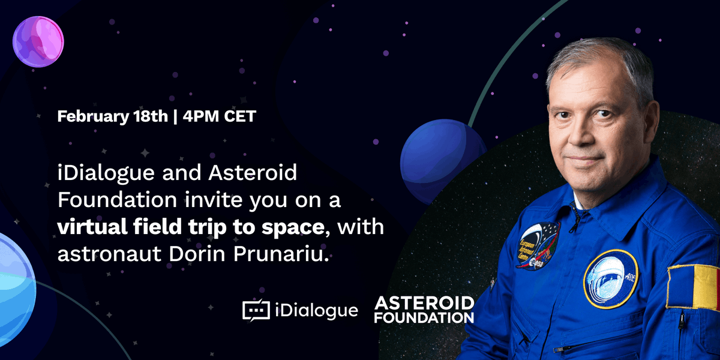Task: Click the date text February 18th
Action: pyautogui.click(x=112, y=116)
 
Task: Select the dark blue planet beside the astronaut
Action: pyautogui.click(x=443, y=155)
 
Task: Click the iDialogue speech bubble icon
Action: pyautogui.click(x=256, y=310)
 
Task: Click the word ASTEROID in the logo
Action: pyautogui.click(x=424, y=303)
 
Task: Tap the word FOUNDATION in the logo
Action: pyautogui.click(x=424, y=317)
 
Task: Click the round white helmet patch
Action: pyautogui.click(x=610, y=278)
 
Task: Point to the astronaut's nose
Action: pyautogui.click(x=580, y=137)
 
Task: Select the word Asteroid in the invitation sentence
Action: pyautogui.click(x=253, y=174)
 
